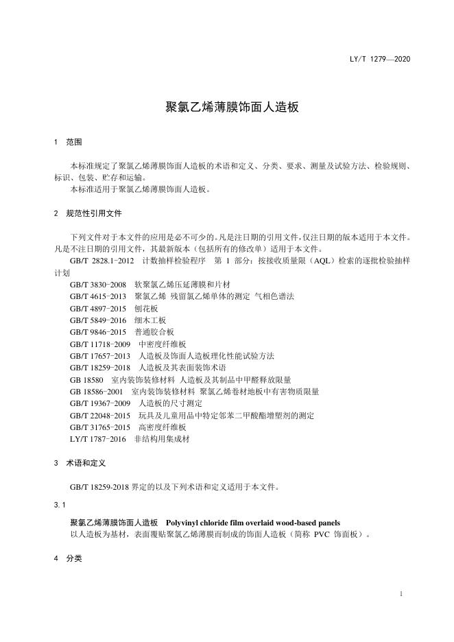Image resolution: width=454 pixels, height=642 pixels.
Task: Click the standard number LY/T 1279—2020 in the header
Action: (379, 60)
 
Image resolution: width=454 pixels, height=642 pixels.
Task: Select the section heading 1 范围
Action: (67, 143)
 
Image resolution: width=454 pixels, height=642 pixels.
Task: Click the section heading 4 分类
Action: (67, 558)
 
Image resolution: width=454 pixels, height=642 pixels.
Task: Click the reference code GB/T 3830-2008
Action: (97, 284)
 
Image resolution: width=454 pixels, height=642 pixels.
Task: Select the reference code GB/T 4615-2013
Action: (97, 296)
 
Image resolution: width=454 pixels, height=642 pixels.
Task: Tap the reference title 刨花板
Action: (146, 308)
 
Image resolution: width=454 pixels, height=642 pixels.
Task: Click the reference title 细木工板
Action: (150, 320)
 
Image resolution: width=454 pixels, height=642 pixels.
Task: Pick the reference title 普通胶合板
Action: (154, 332)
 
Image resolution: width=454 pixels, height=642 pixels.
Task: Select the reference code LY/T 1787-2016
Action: (97, 438)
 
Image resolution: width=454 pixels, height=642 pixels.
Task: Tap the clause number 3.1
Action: (58, 505)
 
